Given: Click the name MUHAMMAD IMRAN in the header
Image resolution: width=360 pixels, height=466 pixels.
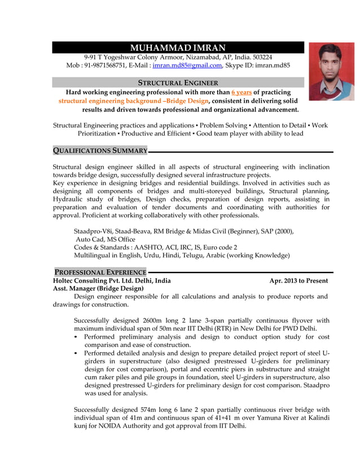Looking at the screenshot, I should coord(178,48).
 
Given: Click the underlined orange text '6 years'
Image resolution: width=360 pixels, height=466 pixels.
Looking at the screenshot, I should coord(242,92).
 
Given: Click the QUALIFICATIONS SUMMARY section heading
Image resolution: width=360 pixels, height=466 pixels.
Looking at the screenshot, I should coord(100,151).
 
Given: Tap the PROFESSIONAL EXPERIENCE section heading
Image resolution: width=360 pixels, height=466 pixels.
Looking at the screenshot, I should coord(100,272).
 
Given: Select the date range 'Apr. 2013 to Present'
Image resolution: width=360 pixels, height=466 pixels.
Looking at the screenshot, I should coord(298,280).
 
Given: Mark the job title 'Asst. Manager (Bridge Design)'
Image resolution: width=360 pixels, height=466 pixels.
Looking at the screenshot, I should coord(98,288).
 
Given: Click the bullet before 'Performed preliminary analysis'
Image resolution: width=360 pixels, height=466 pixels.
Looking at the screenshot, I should coord(77,337).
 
